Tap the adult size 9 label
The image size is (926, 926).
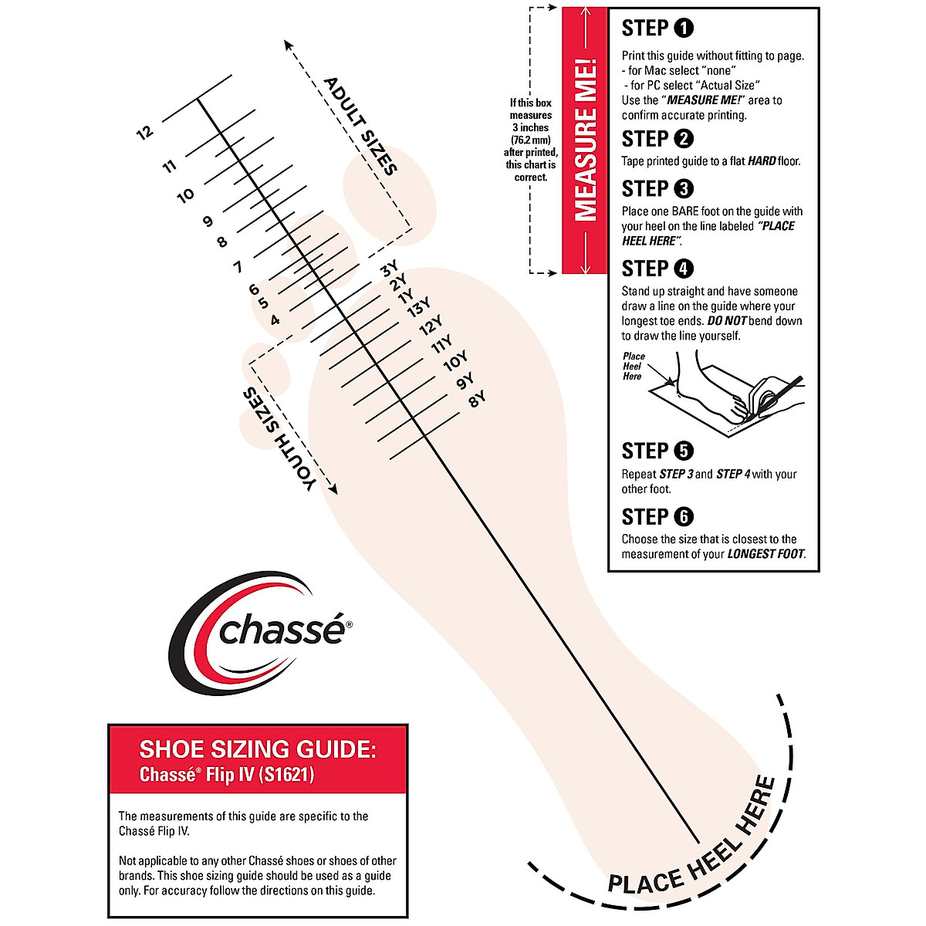coord(207,221)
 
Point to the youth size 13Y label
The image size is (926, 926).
coord(419,310)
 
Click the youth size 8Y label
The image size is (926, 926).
coord(477,399)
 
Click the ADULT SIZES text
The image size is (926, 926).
coord(360,126)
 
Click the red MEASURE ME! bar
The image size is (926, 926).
coord(586,140)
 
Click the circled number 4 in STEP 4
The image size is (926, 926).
coord(684,269)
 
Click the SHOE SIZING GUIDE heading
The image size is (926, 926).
coord(258,749)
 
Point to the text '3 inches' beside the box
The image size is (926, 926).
coord(530,127)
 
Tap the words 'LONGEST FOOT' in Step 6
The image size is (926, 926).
coord(765,554)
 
